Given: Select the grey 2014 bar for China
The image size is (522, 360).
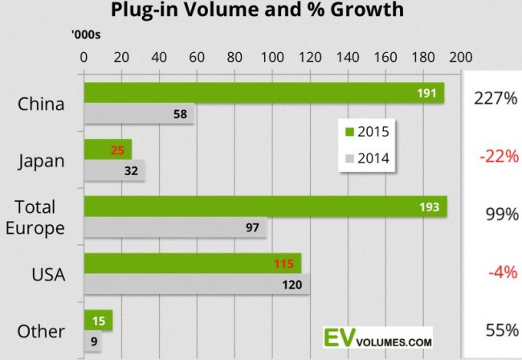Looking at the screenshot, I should [x=139, y=114].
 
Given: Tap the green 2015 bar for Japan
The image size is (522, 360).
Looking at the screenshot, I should [x=107, y=149].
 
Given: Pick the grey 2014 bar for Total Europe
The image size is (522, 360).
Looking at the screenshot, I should [x=175, y=228].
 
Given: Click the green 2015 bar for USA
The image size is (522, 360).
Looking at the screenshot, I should [x=192, y=264].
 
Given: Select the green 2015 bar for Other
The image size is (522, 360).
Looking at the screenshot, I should [x=97, y=321].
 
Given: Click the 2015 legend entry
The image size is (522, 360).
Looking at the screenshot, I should [x=367, y=132].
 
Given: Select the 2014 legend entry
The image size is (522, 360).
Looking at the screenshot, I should [x=367, y=158].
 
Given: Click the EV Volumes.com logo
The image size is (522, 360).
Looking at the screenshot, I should [x=377, y=335].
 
